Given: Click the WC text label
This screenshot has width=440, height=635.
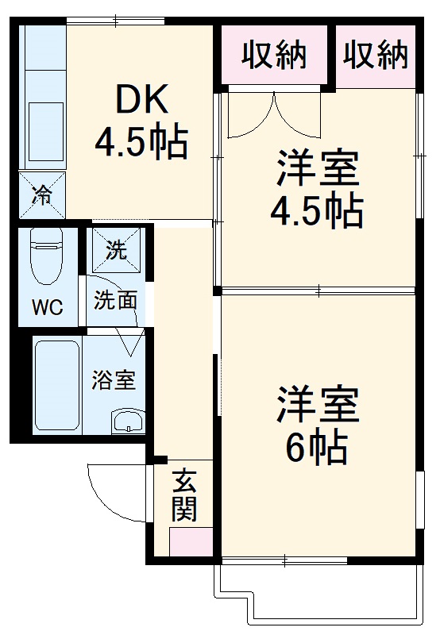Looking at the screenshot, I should (46, 307).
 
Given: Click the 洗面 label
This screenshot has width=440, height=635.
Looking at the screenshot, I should (115, 300).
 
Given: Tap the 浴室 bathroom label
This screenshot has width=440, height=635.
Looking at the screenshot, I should (113, 379).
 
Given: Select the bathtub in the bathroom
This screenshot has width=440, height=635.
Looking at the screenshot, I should (56, 386).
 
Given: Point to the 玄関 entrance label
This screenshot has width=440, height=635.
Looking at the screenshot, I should (184, 495).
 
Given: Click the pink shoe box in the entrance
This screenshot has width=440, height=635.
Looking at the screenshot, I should (191, 540).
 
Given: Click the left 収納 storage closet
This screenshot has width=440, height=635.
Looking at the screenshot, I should (275, 55).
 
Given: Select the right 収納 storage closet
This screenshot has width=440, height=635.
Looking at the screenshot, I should (376, 55).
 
